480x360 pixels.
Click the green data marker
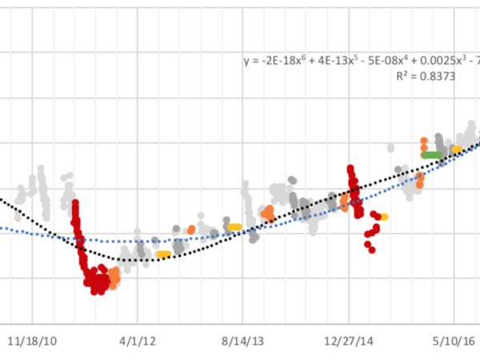(x=432, y=154)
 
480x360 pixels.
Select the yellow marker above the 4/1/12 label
(x=163, y=254)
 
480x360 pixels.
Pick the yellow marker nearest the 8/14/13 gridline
(x=234, y=227)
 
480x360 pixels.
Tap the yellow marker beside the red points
(x=382, y=217)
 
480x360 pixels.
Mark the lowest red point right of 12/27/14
(x=370, y=249)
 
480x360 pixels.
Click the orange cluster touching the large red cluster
(x=114, y=277)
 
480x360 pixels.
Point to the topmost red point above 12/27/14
(x=350, y=168)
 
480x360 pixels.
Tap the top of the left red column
(x=75, y=203)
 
